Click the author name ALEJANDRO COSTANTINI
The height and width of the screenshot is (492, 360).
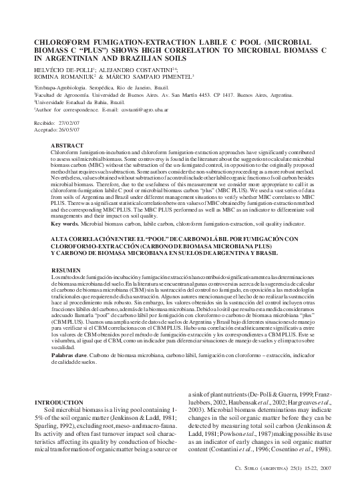coord(139,69)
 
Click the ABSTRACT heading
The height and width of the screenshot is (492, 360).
coord(67,146)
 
